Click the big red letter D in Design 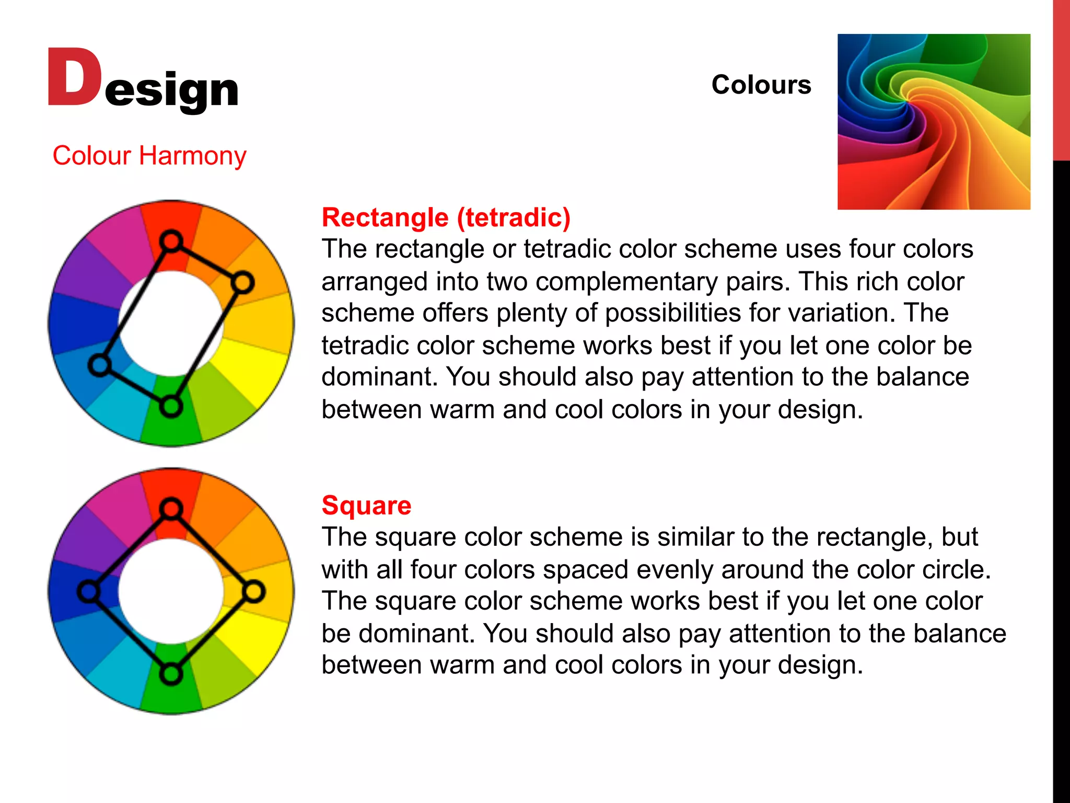(x=74, y=77)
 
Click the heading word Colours (x=761, y=85)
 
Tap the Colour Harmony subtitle (x=149, y=156)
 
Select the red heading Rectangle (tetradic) (x=446, y=217)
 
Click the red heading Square (x=366, y=506)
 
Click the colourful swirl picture (x=933, y=122)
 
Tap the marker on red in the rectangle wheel (x=171, y=242)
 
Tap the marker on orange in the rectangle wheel (x=242, y=283)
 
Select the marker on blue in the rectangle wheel (x=99, y=365)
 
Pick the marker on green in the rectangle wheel (x=171, y=406)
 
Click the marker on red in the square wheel (x=171, y=509)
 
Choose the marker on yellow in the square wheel (x=254, y=592)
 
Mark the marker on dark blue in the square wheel (x=88, y=592)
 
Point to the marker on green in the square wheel (x=171, y=674)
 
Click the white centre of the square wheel (x=171, y=592)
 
